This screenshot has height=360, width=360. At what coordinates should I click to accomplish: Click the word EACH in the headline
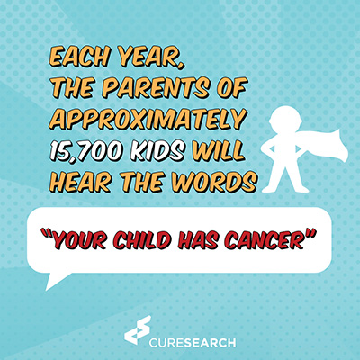79,57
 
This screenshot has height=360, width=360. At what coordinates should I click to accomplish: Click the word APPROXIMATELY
148,120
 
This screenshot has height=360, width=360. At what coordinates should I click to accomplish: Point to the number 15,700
87,150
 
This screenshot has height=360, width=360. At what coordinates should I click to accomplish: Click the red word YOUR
79,239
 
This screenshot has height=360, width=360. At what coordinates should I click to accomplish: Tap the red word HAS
197,239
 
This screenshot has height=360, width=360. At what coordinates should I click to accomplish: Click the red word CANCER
264,239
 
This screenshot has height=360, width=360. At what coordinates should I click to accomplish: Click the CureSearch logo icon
137,329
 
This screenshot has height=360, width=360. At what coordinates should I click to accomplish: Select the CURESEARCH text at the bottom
193,342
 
